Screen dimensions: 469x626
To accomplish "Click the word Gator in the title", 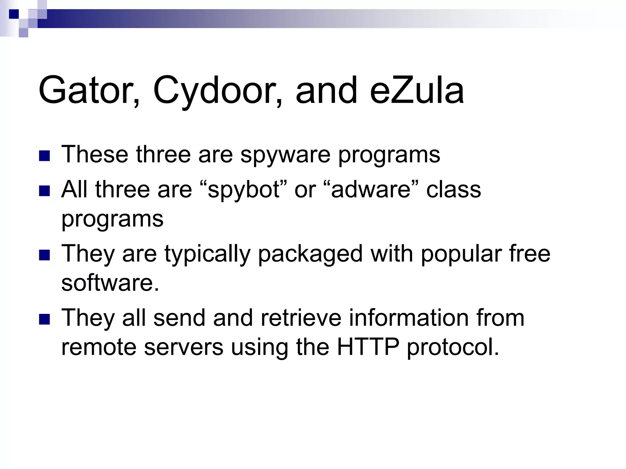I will point(89,91).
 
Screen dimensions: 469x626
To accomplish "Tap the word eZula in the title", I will point(417,91).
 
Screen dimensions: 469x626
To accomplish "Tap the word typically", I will point(208,254).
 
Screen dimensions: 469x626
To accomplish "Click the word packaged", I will point(310,254).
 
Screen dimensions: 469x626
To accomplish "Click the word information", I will point(410,318).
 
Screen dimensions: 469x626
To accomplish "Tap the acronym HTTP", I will point(368,347).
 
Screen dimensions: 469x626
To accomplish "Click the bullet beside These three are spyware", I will point(45,156).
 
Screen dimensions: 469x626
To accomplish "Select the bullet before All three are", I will point(45,191).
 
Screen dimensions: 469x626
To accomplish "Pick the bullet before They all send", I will point(45,319).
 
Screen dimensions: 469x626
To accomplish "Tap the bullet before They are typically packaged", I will point(45,255).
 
